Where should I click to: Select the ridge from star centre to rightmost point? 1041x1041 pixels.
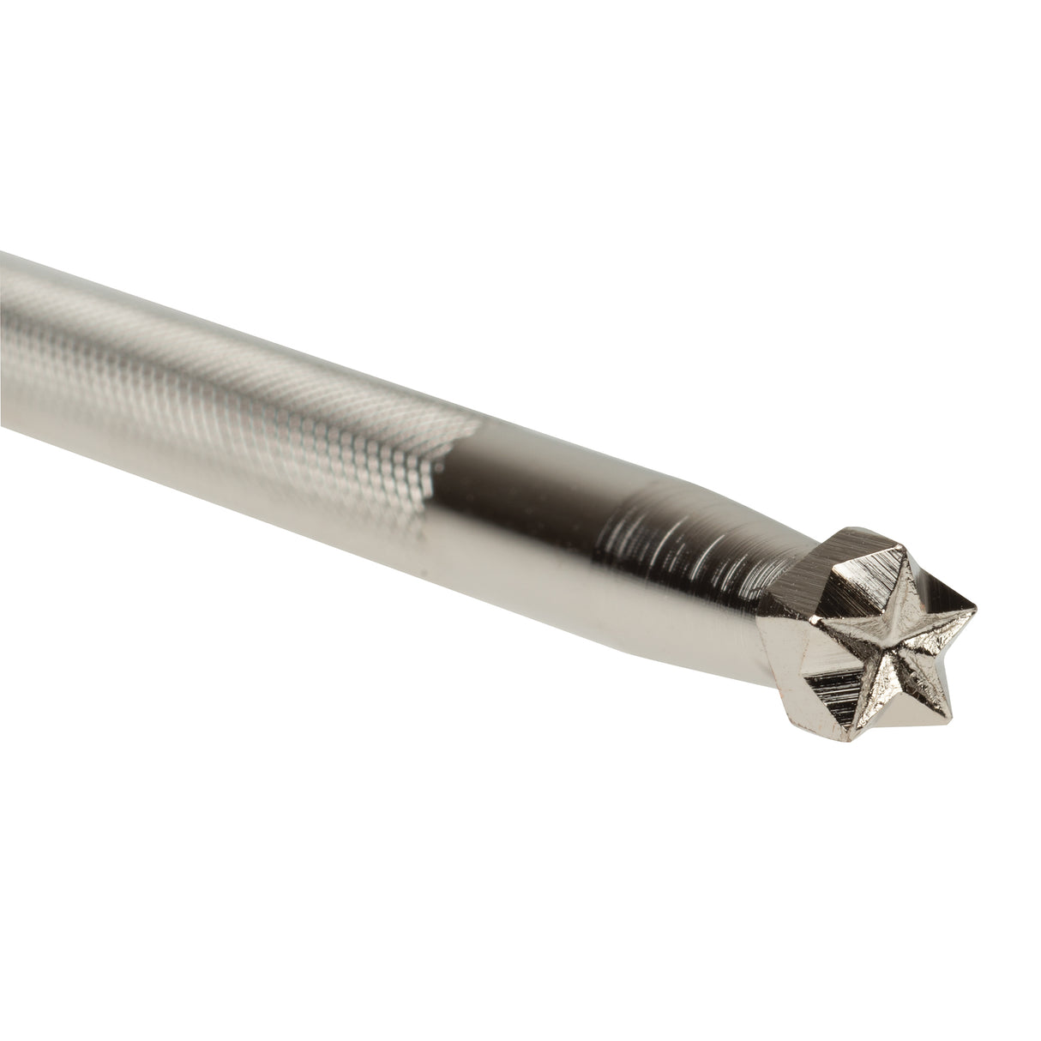click(935, 629)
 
